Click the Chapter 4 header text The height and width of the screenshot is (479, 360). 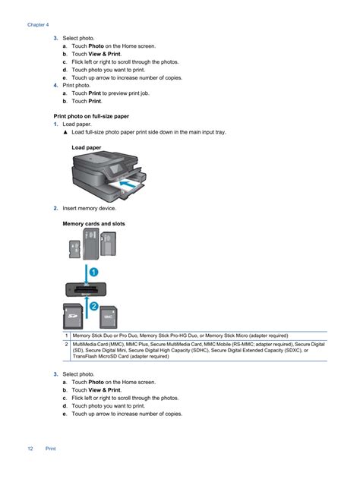(38, 25)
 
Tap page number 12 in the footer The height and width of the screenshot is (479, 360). (30, 449)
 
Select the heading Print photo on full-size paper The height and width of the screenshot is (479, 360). (91, 116)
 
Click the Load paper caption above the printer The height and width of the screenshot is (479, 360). (86, 147)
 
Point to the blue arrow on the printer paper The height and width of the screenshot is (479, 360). (127, 184)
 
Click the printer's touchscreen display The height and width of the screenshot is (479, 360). (116, 169)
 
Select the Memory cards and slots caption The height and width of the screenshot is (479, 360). (93, 224)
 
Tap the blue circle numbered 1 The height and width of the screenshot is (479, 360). (93, 272)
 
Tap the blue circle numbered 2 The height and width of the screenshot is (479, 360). (94, 306)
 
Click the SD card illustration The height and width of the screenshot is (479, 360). (73, 317)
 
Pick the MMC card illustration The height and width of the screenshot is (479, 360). (109, 317)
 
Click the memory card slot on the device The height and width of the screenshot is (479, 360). (86, 289)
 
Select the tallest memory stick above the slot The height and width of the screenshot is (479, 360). (91, 244)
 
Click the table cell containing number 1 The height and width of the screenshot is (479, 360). (66, 336)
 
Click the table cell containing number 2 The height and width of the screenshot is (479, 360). (66, 350)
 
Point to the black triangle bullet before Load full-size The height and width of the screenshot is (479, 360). (65, 132)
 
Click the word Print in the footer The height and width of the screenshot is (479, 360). (50, 449)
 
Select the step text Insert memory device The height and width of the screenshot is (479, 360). (89, 208)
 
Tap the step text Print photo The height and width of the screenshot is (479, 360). (77, 85)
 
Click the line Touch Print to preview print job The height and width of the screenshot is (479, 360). (110, 93)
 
